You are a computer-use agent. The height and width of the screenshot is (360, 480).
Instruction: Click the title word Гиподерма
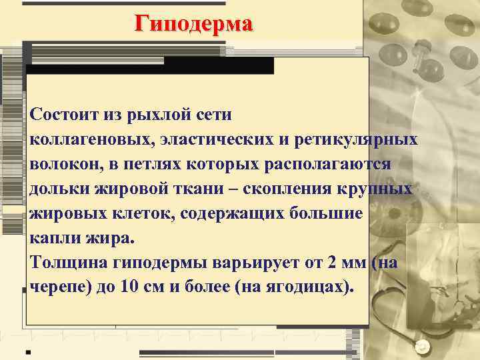coord(194,24)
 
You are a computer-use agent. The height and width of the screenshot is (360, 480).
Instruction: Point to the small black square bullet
coord(28,351)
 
